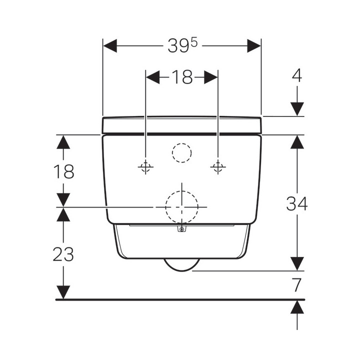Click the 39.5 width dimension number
pos(182,46)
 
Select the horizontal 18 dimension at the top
pos(182,77)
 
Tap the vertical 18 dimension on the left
pos(63,171)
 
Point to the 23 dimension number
pos(63,254)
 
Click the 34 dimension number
pos(297,203)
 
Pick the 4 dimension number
pos(297,75)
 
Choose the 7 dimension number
pos(297,285)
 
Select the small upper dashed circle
pos(181,152)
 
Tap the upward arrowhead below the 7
pos(297,307)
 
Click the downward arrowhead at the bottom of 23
pos(63,291)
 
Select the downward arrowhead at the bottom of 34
pos(297,263)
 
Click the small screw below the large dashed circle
pos(182,230)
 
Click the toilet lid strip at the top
pos(182,125)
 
